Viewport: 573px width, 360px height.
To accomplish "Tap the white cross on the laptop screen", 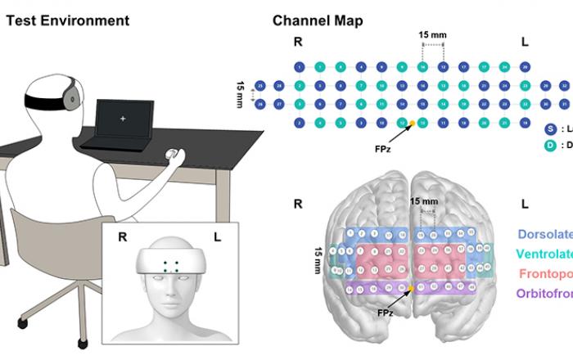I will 124,119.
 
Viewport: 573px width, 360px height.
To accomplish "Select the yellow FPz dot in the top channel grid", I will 412,124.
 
